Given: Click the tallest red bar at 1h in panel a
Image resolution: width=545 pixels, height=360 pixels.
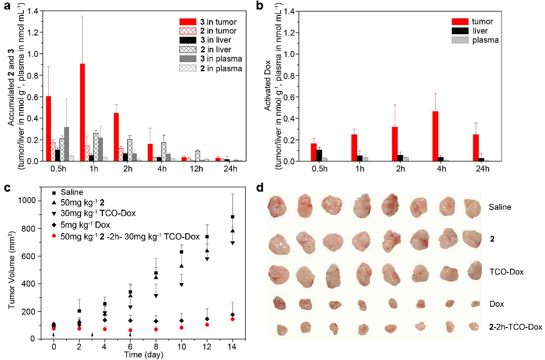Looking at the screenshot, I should tap(83, 112).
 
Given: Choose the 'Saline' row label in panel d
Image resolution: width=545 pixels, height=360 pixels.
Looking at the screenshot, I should tap(500, 207).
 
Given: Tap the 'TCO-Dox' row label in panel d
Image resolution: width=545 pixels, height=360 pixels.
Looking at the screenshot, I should tap(506, 272).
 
